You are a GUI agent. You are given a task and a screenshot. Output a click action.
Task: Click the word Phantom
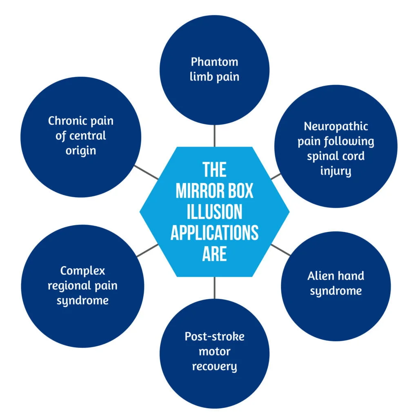(x=214, y=62)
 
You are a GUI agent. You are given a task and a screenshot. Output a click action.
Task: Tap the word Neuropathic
(x=336, y=126)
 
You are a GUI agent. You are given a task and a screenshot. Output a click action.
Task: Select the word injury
(x=336, y=171)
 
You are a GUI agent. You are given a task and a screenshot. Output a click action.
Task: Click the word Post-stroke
(x=214, y=337)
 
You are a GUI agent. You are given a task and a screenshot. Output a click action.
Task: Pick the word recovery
(x=214, y=366)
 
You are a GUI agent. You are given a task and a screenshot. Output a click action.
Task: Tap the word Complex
(x=82, y=271)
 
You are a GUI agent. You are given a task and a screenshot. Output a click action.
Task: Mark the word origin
(x=81, y=151)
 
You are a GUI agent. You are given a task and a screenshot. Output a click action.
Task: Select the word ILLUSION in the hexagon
(x=214, y=212)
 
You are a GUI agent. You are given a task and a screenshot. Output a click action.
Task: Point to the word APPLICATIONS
(x=214, y=233)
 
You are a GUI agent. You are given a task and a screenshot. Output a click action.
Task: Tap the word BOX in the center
(x=238, y=191)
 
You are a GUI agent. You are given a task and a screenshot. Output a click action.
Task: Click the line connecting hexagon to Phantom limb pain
(x=214, y=136)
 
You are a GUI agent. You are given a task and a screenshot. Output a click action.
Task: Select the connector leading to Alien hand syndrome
(x=281, y=250)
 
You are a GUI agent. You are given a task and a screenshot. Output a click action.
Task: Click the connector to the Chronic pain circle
(x=146, y=172)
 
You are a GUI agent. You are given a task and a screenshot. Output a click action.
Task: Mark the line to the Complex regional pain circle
(x=147, y=250)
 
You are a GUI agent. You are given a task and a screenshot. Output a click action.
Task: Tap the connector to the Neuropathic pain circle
(x=276, y=176)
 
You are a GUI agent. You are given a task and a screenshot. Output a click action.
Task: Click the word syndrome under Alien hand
(x=336, y=291)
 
